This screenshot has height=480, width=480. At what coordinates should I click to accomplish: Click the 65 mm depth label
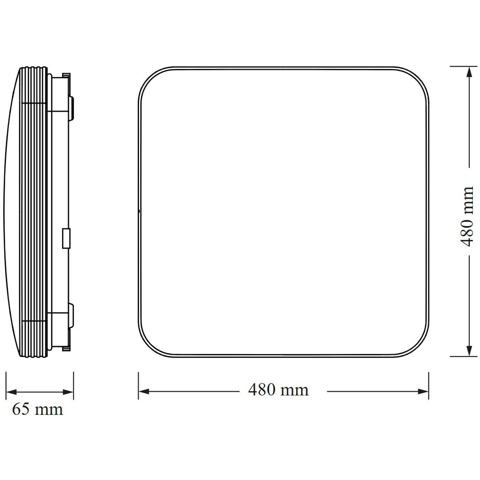37,409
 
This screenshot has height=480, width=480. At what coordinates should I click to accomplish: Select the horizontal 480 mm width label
278,390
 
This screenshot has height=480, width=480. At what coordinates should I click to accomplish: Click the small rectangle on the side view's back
67,239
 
